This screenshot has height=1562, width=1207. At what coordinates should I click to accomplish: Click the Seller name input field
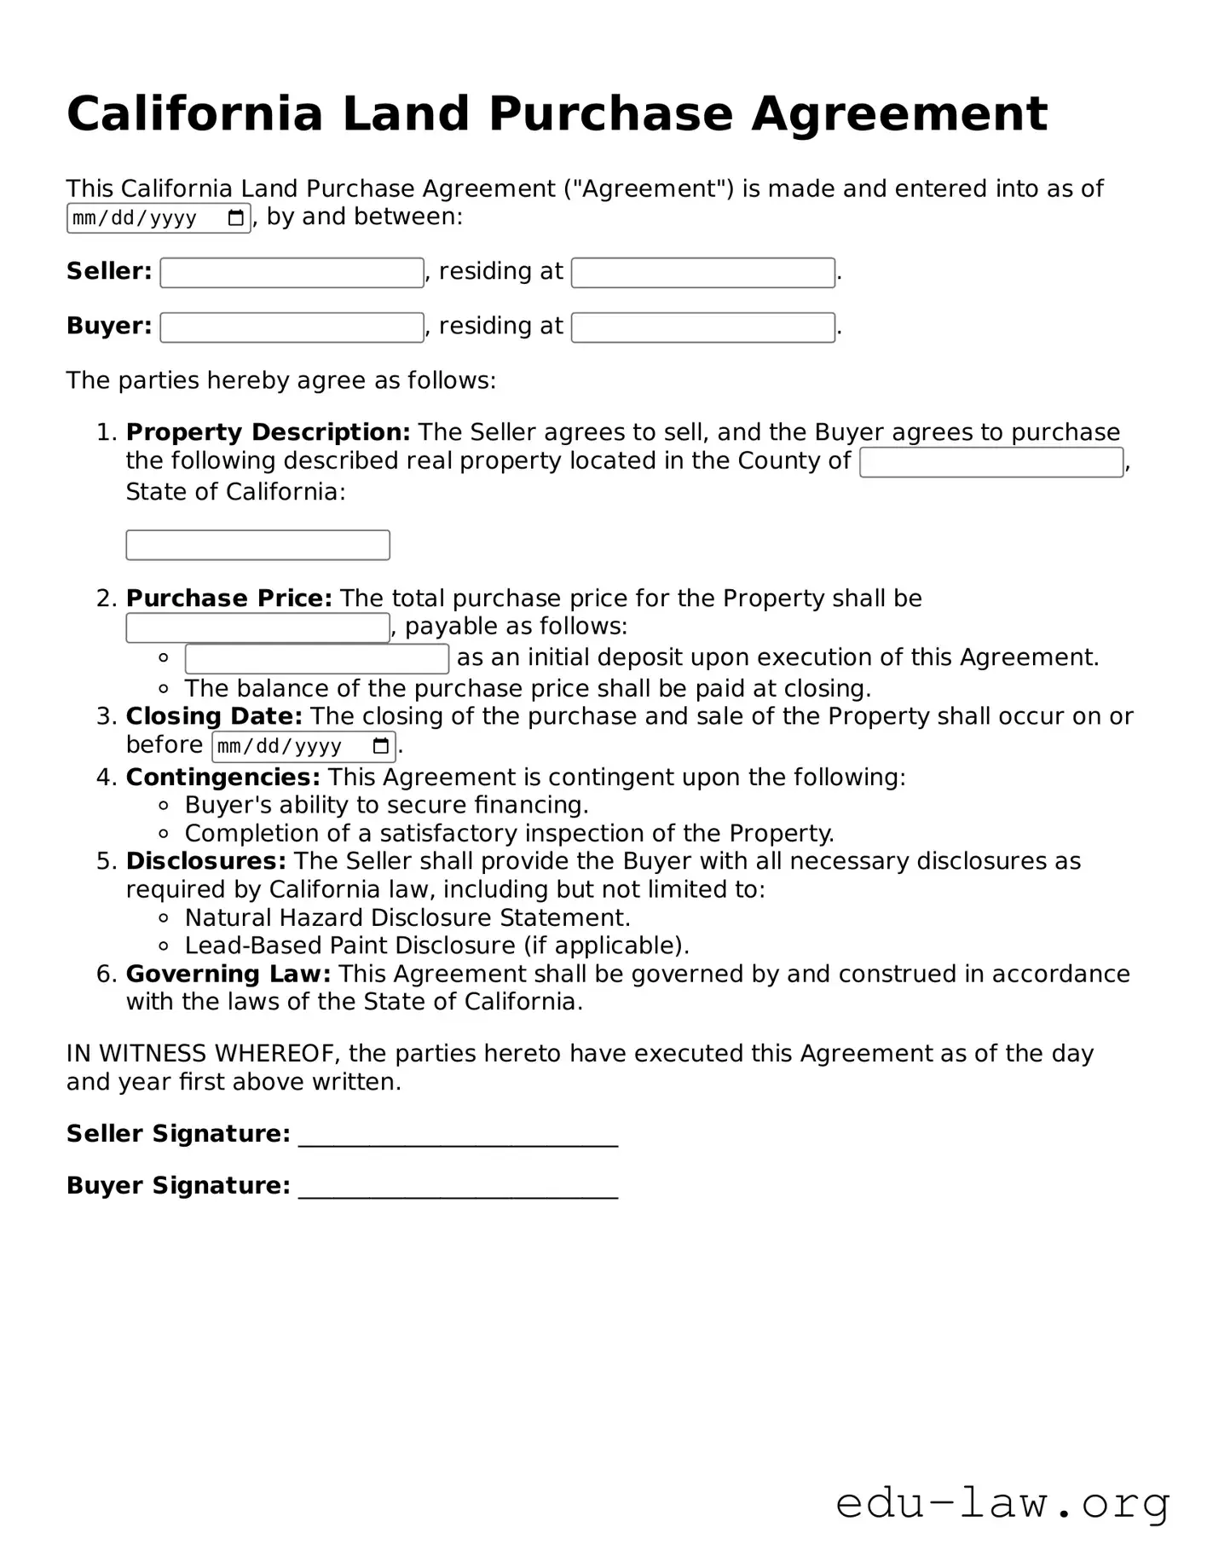[x=292, y=273]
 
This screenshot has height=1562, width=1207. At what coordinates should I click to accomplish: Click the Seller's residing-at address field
[x=702, y=273]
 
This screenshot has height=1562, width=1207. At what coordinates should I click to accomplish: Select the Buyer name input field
[x=292, y=327]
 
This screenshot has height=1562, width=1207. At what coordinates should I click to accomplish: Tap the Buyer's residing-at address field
[x=702, y=327]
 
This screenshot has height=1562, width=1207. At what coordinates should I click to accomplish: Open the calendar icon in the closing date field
[x=381, y=747]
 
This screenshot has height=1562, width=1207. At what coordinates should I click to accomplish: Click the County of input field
[x=990, y=462]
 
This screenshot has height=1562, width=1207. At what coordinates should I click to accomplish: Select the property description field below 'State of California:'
[x=257, y=545]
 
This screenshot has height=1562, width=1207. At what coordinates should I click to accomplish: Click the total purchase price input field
[x=257, y=628]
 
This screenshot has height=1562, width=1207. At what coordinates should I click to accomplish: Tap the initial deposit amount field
[x=316, y=658]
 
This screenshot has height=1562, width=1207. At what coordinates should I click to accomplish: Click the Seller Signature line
[x=458, y=1137]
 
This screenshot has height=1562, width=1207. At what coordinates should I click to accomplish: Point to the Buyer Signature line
[x=458, y=1189]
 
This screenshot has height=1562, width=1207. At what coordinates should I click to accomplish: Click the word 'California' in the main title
[x=194, y=114]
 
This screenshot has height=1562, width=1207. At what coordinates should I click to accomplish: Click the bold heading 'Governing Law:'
[x=228, y=974]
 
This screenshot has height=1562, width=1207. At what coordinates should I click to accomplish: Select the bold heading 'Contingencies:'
[x=222, y=777]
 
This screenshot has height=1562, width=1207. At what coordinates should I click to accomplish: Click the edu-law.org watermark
[x=1002, y=1502]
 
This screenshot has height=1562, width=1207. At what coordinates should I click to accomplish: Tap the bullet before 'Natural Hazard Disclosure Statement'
[x=164, y=918]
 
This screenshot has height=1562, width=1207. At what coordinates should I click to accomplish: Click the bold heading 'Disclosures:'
[x=205, y=861]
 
